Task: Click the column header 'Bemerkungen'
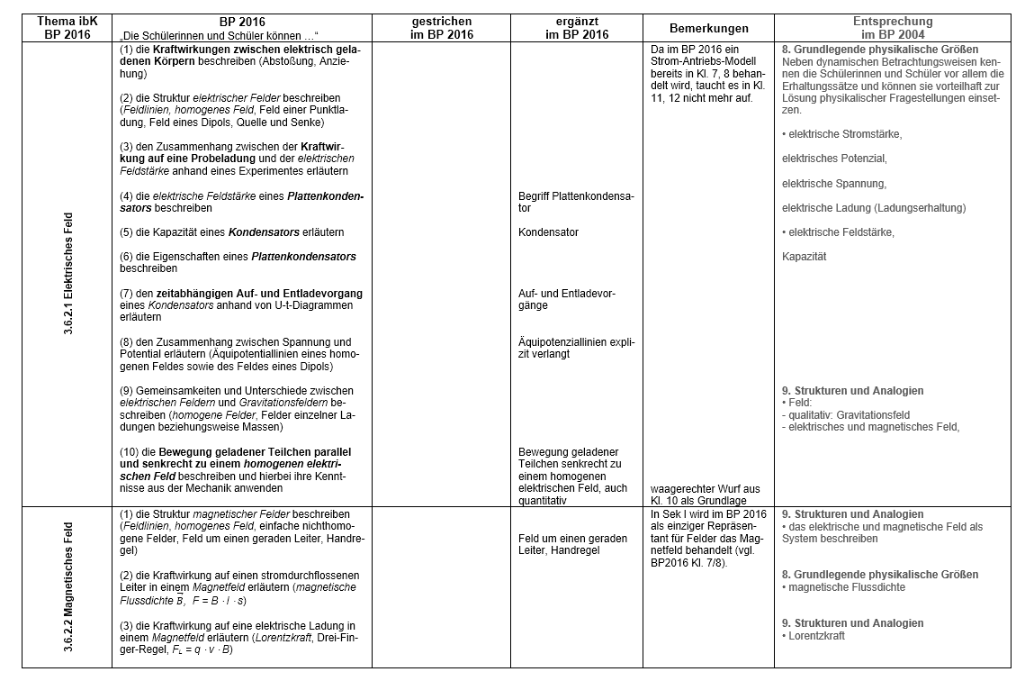707,28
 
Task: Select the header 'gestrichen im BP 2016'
442,28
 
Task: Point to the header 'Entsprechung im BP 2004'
892,28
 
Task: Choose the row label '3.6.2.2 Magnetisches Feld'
68,586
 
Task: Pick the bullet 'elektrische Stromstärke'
844,134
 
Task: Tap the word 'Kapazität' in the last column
804,257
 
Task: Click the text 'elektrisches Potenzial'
833,159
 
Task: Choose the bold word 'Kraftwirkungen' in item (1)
181,49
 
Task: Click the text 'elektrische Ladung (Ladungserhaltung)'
873,208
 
